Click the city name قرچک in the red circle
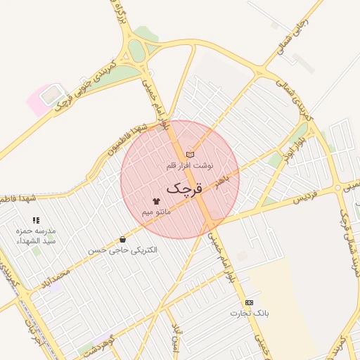point(184,188)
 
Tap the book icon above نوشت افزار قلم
point(189,155)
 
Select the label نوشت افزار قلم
point(188,165)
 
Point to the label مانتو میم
point(156,212)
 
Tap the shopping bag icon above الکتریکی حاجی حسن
point(123,240)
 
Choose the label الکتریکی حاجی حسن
point(123,250)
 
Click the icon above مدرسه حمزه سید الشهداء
point(37,221)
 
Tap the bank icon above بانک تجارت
point(249,302)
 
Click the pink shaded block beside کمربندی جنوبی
point(44,99)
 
